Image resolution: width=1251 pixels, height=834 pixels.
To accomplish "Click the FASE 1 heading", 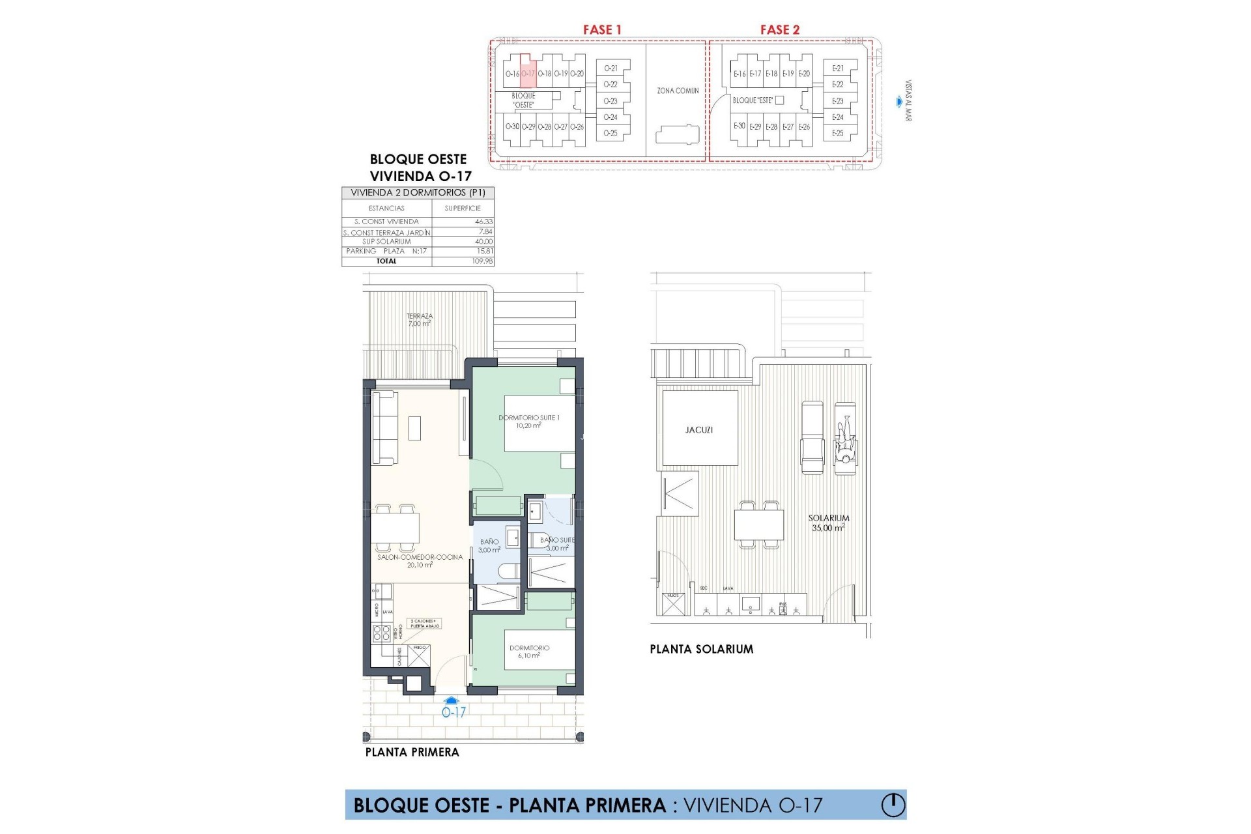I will (x=602, y=30).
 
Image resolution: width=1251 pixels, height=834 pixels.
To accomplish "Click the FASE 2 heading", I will (x=779, y=30).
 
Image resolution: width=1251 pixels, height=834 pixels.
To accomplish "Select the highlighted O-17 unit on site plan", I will (x=528, y=74).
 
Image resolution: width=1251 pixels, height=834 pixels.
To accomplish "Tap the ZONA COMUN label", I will (x=678, y=91).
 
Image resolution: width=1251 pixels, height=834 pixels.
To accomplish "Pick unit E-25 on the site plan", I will (x=837, y=134).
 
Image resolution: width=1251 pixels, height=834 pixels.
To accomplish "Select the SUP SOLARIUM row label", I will (x=386, y=242).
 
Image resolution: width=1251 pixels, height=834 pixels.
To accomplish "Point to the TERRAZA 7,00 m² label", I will (x=420, y=319).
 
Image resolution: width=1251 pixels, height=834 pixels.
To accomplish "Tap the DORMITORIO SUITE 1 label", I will (x=528, y=422).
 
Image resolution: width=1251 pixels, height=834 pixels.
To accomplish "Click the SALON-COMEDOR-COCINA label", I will (x=420, y=561).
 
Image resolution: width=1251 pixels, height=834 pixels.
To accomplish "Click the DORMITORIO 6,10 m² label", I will (x=529, y=652).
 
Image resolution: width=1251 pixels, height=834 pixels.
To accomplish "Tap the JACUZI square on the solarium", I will (x=699, y=430).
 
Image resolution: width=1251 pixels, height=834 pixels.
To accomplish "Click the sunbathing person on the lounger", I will (x=845, y=444).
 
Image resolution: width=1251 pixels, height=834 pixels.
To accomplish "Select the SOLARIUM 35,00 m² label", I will (x=828, y=523).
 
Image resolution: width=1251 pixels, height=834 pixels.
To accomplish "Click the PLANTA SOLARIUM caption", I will (x=701, y=650).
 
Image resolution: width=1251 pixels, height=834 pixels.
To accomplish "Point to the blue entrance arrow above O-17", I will (x=454, y=700).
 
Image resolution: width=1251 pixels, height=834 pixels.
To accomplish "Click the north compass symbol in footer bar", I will (x=893, y=805).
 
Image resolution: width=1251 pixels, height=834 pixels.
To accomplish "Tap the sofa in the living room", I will (x=384, y=427).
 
